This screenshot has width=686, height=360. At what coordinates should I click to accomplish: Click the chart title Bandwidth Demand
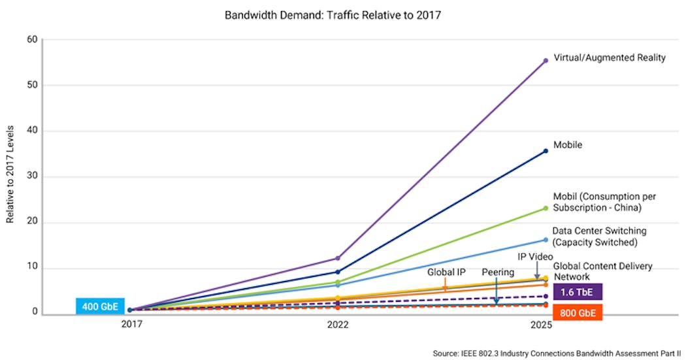[333, 14]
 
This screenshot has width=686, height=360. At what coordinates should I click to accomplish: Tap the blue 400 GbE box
[99, 306]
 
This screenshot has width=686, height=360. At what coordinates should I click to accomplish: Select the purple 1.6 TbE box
[577, 291]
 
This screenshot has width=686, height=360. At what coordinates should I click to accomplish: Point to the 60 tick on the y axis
[31, 39]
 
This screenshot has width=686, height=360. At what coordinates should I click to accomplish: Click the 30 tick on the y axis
[31, 176]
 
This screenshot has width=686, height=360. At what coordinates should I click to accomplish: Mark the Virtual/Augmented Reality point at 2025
[546, 61]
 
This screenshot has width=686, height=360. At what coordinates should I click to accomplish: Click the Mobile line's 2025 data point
[546, 151]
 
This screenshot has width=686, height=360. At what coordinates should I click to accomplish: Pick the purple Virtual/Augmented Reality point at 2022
[337, 258]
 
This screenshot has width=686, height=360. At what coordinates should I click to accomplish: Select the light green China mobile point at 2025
[546, 208]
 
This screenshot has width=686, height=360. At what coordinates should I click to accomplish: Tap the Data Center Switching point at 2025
[546, 240]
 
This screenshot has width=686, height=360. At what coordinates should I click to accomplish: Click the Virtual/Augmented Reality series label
[609, 57]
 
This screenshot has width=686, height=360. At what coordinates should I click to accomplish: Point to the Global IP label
[446, 272]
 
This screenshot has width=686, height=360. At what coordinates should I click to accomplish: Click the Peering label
[498, 272]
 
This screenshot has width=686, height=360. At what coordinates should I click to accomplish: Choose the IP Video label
[536, 257]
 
